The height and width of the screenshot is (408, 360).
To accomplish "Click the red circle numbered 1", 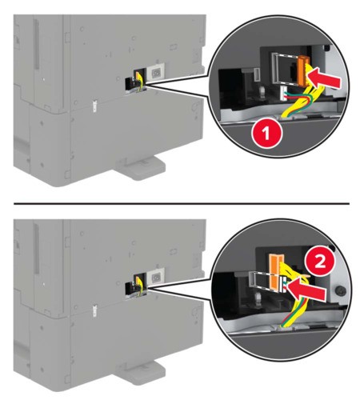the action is (266, 134).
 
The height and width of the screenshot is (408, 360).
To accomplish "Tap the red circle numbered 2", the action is (320, 262).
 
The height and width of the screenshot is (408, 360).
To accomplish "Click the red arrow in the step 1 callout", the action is (323, 80).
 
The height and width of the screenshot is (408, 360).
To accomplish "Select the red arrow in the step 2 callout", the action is (306, 291).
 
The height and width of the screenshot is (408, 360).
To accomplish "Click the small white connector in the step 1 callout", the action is (283, 94).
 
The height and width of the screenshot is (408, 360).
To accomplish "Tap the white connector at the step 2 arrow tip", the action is (284, 285).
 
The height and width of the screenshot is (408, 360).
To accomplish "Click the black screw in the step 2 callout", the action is (341, 290).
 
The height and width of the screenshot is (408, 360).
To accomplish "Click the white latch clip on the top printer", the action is (94, 106).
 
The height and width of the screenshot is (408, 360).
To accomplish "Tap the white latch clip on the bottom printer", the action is (94, 310).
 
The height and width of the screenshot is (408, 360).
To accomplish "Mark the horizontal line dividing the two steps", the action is (182, 203).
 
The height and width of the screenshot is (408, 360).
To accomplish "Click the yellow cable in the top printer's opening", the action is (139, 80).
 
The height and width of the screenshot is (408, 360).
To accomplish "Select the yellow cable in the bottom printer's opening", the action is (139, 285).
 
